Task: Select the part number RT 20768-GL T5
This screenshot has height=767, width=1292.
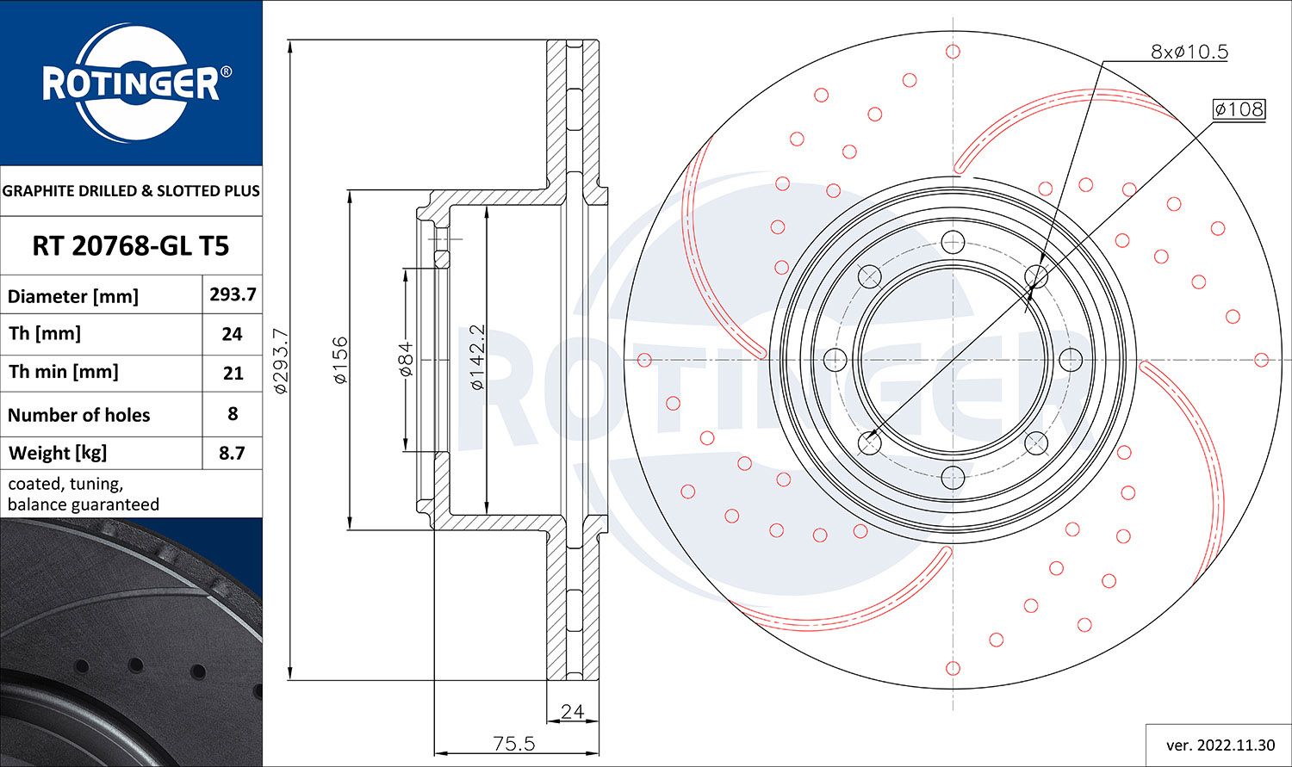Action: coord(130,246)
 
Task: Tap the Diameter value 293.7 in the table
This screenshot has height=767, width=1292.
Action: coord(233,294)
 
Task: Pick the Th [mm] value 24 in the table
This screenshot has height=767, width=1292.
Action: coord(232,334)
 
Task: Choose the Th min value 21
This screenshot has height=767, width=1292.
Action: coord(232,373)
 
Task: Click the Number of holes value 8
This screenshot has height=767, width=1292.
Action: coord(232,413)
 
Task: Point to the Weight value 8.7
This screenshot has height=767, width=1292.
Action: coord(232,453)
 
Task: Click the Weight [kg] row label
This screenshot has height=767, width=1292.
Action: coord(58,453)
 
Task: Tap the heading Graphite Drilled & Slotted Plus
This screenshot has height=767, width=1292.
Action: coord(131,190)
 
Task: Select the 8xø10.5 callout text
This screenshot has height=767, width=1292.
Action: coord(1189,52)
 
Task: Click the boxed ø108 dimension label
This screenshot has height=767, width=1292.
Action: coord(1239,109)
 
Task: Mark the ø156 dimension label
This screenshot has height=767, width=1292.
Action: coord(340,360)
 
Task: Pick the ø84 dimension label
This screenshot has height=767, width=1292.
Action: coord(406,359)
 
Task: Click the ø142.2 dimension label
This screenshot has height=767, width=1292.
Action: coord(478,357)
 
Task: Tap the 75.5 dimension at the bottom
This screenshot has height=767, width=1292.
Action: coord(514,743)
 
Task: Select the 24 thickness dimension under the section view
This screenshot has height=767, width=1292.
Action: coord(572,711)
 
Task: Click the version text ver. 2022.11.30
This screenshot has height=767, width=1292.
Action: coord(1219,745)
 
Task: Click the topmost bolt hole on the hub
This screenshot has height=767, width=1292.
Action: coord(952,241)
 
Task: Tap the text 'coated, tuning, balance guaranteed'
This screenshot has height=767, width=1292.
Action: coord(84,494)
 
